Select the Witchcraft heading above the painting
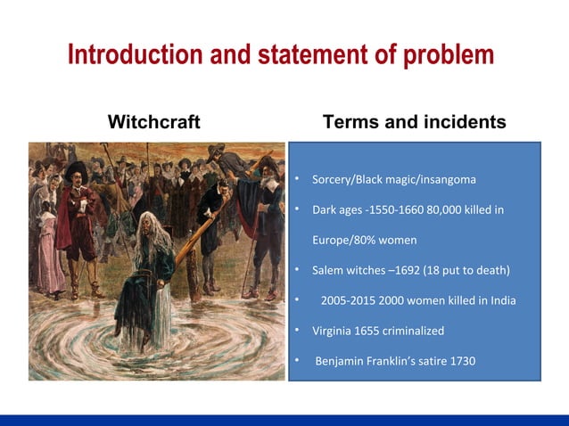(153, 122)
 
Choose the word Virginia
(334, 331)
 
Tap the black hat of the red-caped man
(76, 168)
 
